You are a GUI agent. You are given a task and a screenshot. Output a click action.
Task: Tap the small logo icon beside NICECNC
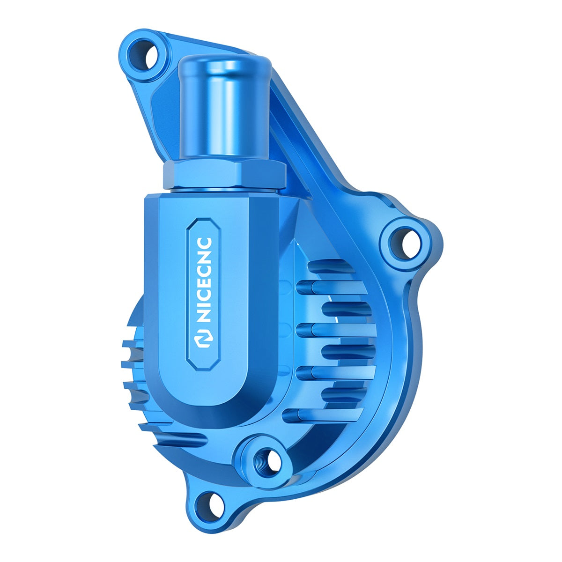pos(204,340)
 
